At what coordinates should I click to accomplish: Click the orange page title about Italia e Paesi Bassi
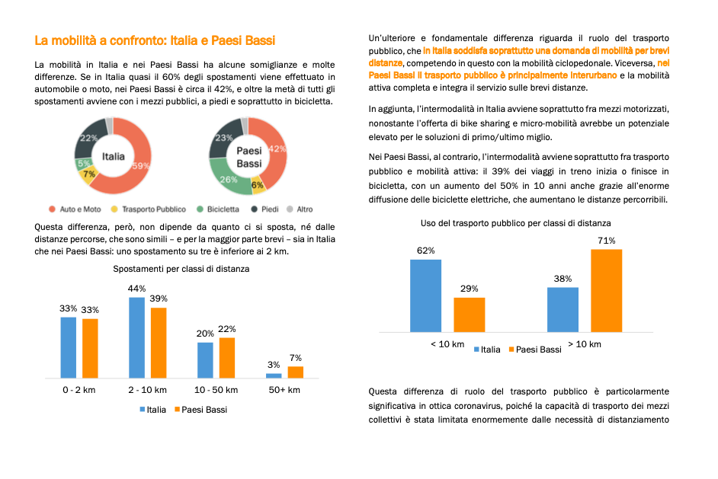pos(155,40)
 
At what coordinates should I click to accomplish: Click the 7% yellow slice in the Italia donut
pos(88,175)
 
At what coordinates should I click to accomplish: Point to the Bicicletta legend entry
pos(218,209)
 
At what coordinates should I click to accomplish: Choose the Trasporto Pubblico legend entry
pos(149,209)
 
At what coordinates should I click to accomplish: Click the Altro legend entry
pos(300,209)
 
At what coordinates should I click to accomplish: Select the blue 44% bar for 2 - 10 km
pos(136,337)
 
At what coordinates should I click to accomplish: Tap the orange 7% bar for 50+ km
pos(295,372)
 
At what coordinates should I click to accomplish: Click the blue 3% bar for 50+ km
pos(274,375)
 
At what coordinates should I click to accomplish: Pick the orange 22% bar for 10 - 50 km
pos(227,358)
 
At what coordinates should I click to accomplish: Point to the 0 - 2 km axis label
pos(79,390)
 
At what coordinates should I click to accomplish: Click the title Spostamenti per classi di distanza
pos(181,269)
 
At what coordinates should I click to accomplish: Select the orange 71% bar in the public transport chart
pos(606,290)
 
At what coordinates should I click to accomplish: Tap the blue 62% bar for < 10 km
pos(425,295)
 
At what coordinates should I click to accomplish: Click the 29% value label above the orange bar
pos(469,289)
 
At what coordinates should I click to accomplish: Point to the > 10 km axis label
pos(585,344)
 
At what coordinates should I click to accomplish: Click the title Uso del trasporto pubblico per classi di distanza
pos(515,223)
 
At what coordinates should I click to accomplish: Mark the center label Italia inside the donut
pos(113,156)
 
